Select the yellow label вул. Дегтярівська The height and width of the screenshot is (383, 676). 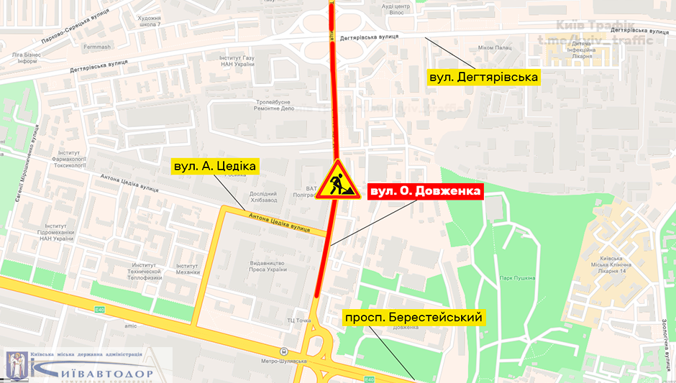(483, 76)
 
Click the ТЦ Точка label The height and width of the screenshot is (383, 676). (298, 320)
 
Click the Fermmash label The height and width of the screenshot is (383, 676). (96, 47)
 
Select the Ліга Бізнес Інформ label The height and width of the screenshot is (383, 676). (27, 57)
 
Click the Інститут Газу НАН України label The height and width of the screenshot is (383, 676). (237, 60)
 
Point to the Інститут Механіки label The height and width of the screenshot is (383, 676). (187, 268)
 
